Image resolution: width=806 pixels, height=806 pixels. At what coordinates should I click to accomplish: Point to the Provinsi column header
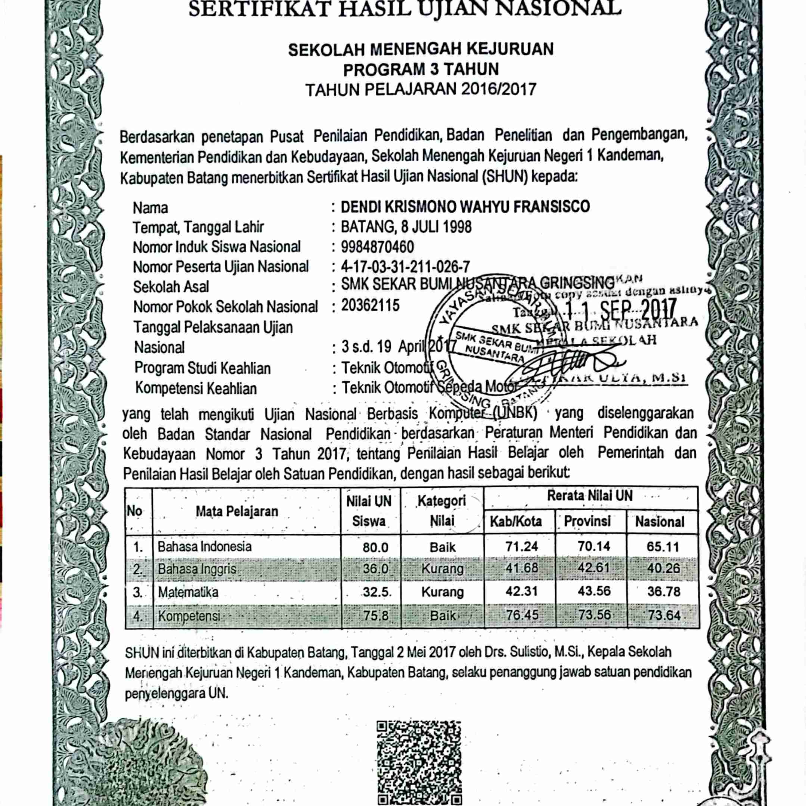click(587, 521)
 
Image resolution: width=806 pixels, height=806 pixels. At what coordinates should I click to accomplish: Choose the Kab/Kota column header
click(516, 521)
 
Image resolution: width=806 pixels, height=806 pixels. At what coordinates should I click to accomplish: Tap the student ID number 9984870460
click(378, 247)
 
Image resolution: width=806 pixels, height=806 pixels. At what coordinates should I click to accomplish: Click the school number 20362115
click(370, 306)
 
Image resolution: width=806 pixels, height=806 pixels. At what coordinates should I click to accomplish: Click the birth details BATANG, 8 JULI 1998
click(406, 227)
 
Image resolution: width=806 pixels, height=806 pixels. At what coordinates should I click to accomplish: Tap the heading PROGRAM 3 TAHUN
click(421, 69)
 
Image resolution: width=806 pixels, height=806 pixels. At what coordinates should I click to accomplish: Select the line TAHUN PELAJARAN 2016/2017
click(421, 89)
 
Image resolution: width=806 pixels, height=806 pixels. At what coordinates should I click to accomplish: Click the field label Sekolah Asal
click(171, 287)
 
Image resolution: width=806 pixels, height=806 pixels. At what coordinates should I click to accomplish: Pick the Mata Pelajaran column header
click(236, 511)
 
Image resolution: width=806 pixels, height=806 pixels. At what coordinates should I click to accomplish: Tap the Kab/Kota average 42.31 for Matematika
click(521, 592)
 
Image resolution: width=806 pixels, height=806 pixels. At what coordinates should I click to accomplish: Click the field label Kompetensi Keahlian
click(196, 388)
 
